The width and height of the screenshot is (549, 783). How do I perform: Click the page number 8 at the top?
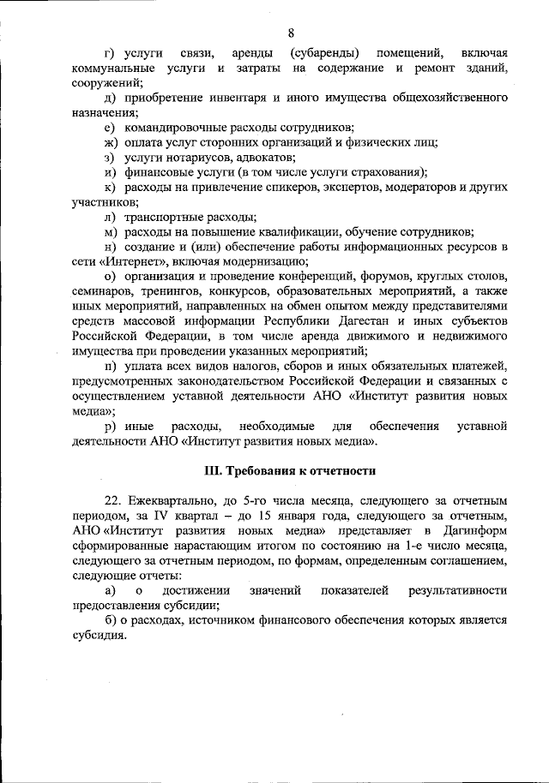291,33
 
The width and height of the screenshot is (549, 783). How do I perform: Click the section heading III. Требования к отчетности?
290,470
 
